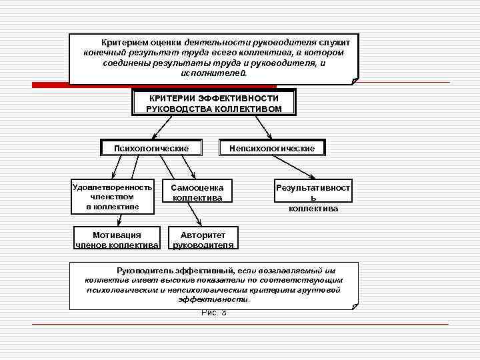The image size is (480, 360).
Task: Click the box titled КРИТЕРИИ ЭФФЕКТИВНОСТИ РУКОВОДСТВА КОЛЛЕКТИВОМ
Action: [213, 103]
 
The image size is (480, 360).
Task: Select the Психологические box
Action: [151, 147]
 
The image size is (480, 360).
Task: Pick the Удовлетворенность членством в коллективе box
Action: [113, 197]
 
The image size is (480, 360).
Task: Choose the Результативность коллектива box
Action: [313, 198]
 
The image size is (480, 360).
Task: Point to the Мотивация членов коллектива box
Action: [117, 239]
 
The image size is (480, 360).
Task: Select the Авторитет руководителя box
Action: [203, 239]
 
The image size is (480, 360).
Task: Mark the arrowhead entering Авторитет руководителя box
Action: [198, 225]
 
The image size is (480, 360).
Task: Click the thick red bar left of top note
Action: [50, 85]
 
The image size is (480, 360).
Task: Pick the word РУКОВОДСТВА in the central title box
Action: [176, 109]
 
